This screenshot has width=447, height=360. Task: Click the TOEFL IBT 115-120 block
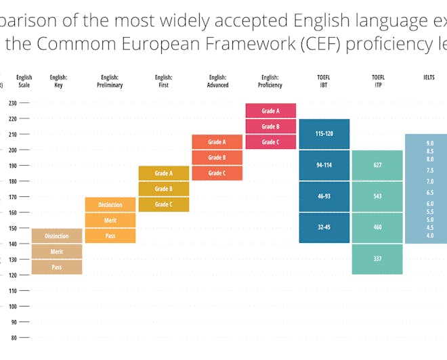click(324, 134)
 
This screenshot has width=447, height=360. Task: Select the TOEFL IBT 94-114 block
click(324, 165)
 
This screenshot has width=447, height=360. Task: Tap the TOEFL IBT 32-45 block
click(324, 227)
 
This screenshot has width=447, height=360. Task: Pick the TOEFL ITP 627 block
click(377, 164)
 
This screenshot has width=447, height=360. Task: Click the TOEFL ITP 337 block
click(377, 258)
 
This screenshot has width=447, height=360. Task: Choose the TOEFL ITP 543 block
click(377, 196)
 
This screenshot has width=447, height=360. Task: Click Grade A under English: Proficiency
click(270, 111)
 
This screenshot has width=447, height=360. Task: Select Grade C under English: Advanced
click(217, 173)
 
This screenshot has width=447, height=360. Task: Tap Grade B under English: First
click(163, 189)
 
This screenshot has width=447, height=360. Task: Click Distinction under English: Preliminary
click(110, 204)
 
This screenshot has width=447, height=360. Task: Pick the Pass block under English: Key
click(57, 267)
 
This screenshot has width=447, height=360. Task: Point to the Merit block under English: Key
click(57, 252)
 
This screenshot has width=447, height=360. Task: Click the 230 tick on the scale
click(13, 104)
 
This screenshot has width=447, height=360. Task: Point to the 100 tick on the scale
click(13, 306)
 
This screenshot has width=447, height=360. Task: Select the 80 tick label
click(13, 337)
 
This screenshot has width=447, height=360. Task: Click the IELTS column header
click(429, 78)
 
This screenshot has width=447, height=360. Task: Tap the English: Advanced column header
click(217, 81)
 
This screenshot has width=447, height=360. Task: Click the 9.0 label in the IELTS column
click(430, 143)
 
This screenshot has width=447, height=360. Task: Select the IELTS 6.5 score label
click(430, 193)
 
